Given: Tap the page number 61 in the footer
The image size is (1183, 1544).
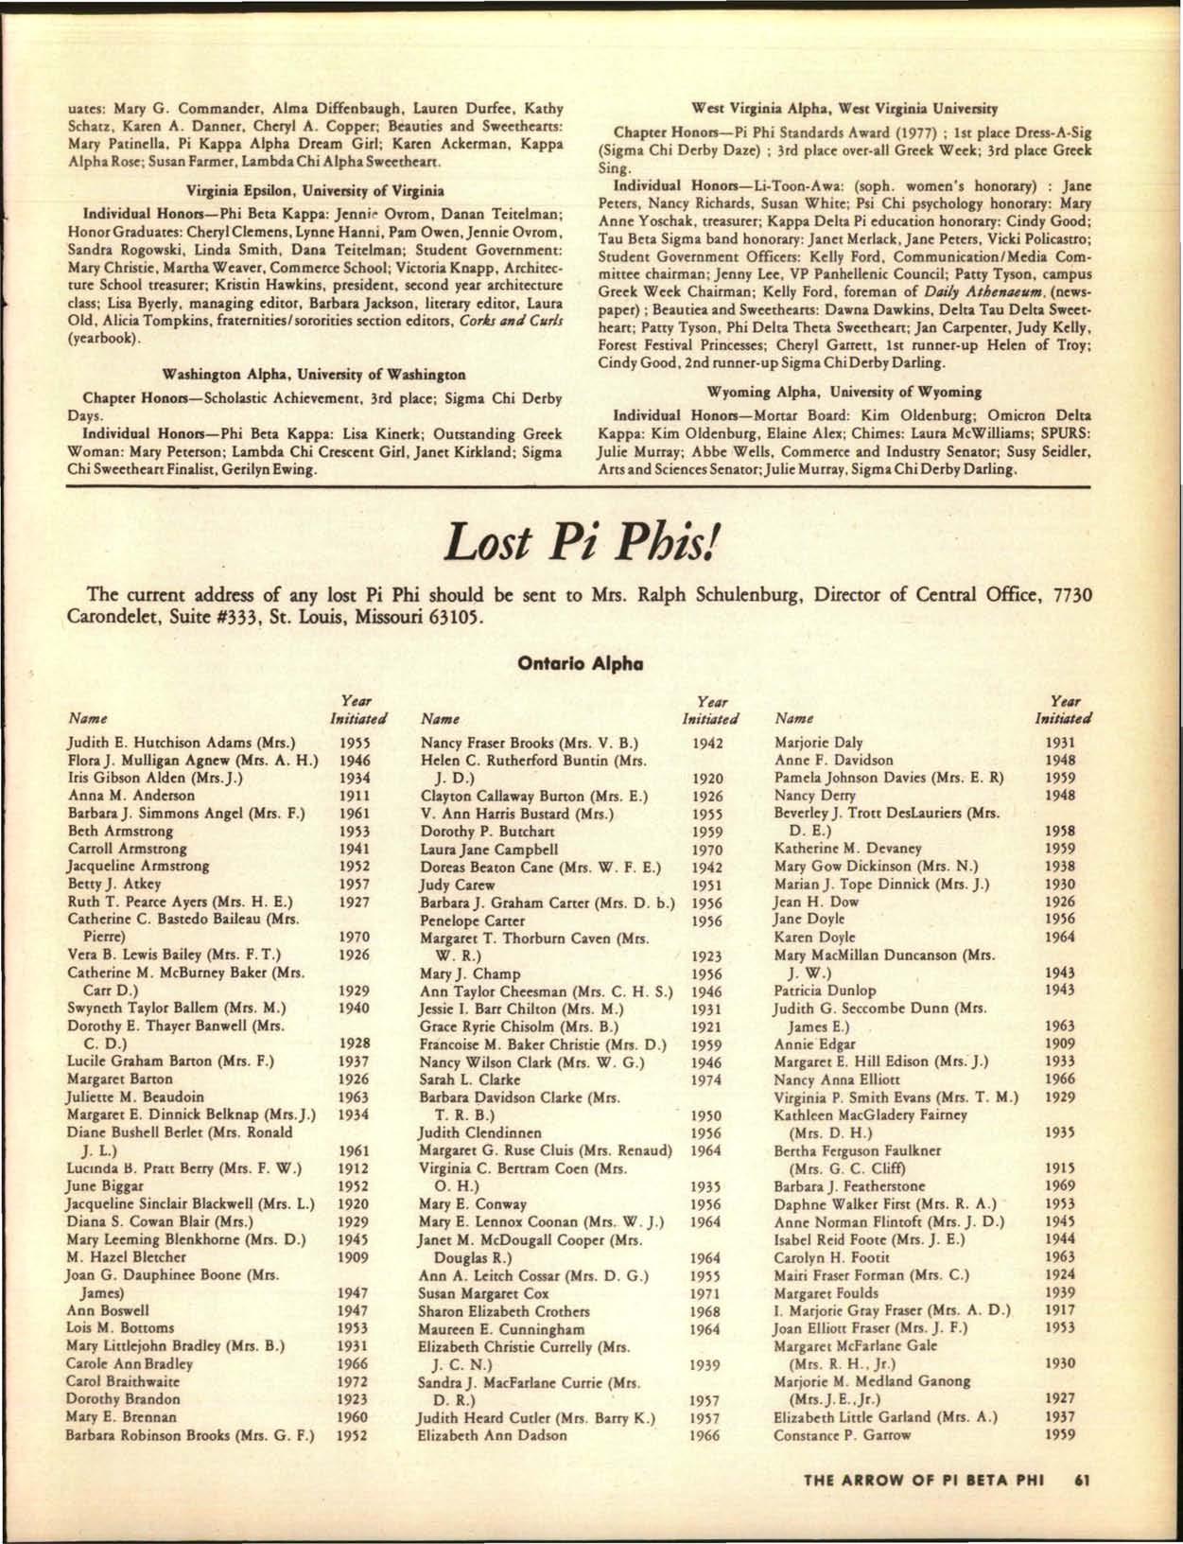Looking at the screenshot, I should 1084,1480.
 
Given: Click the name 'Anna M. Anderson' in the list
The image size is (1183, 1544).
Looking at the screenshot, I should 131,795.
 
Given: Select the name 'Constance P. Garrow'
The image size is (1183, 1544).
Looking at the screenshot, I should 843,1434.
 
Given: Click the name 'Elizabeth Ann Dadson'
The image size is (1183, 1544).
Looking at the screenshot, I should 494,1434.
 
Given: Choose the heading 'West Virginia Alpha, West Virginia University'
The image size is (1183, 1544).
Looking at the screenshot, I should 845,107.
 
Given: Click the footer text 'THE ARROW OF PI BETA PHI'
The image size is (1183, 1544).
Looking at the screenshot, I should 922,1480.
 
